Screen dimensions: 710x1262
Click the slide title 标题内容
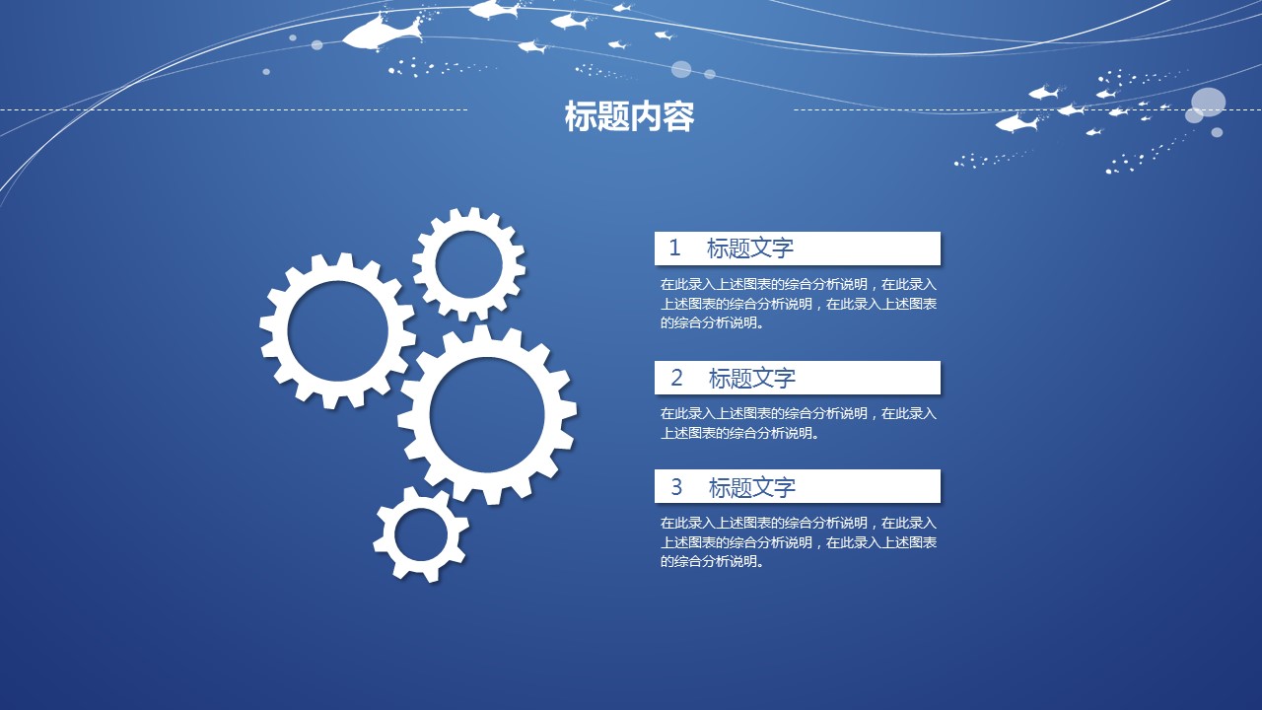pyautogui.click(x=629, y=116)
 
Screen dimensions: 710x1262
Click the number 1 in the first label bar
pyautogui.click(x=675, y=248)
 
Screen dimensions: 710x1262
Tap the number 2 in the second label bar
pyautogui.click(x=677, y=377)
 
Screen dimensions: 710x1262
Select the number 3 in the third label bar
pyautogui.click(x=676, y=486)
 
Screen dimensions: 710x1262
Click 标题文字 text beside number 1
pyautogui.click(x=749, y=248)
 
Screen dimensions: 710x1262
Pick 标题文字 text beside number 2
pyautogui.click(x=751, y=378)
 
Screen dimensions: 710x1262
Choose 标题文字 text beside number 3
pyautogui.click(x=751, y=487)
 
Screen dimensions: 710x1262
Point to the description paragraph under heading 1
pyautogui.click(x=798, y=303)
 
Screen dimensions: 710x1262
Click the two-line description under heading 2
pyautogui.click(x=798, y=423)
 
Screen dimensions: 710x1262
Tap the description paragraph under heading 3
pyautogui.click(x=798, y=542)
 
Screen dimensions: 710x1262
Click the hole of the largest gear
pyautogui.click(x=487, y=414)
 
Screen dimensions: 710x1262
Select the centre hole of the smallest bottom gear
pyautogui.click(x=420, y=534)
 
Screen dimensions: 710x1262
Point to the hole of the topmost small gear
pyautogui.click(x=468, y=263)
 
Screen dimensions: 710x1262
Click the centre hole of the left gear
pyautogui.click(x=337, y=330)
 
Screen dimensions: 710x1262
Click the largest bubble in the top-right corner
pyautogui.click(x=1208, y=102)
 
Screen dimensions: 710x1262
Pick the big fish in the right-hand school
pyautogui.click(x=1017, y=123)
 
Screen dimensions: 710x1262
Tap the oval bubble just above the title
pyautogui.click(x=681, y=69)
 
